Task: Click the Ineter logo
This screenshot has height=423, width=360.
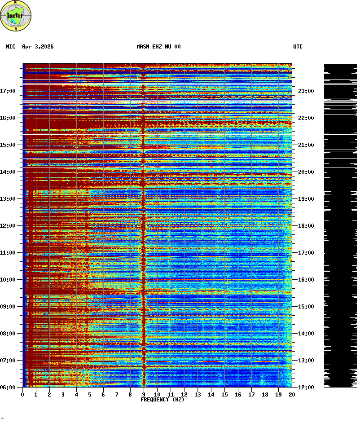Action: (x=16, y=16)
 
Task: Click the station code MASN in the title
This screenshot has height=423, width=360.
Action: (x=143, y=47)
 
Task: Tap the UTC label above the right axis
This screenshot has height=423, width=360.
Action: (x=298, y=47)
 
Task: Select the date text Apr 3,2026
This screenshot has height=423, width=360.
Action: (x=38, y=47)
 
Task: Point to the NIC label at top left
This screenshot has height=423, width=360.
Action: (x=11, y=47)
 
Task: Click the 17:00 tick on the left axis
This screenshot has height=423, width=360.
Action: (x=8, y=91)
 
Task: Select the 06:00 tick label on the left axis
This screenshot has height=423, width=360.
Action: (x=8, y=388)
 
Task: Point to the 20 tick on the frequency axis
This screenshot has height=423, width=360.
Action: (x=292, y=395)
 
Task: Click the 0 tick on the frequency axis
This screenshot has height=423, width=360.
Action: (x=22, y=395)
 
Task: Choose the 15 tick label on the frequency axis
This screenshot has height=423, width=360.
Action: (x=224, y=395)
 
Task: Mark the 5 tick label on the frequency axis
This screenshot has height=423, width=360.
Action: (x=90, y=395)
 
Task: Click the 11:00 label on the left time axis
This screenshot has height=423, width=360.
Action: (x=8, y=253)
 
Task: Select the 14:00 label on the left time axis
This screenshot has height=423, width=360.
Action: (x=8, y=172)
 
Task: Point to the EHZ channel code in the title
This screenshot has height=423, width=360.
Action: (x=158, y=47)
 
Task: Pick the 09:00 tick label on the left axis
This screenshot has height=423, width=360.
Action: (x=8, y=307)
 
